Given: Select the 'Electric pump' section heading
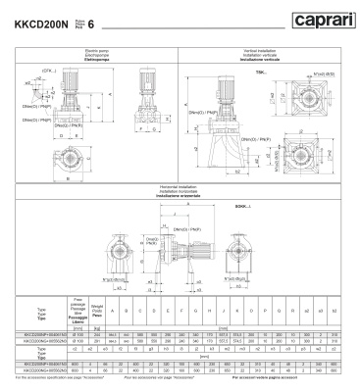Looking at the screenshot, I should (90, 51).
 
